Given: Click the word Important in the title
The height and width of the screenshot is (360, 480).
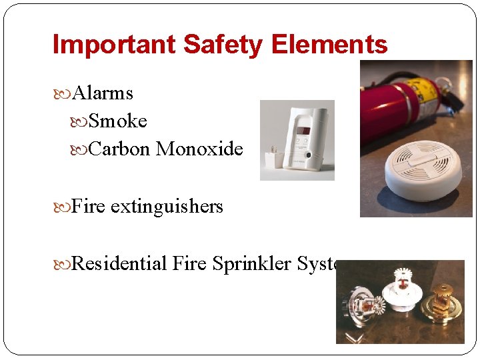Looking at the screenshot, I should (x=113, y=45).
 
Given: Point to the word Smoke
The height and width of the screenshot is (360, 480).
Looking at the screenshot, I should (x=117, y=121).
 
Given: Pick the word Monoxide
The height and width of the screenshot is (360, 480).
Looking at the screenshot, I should (x=199, y=149).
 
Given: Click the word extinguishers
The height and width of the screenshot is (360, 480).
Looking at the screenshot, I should (x=167, y=207).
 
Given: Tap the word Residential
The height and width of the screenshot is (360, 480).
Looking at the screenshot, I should (x=119, y=264).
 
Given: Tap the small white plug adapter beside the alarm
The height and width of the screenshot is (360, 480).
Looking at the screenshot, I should (x=272, y=159).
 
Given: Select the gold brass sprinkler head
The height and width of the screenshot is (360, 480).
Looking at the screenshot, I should (x=441, y=300).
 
